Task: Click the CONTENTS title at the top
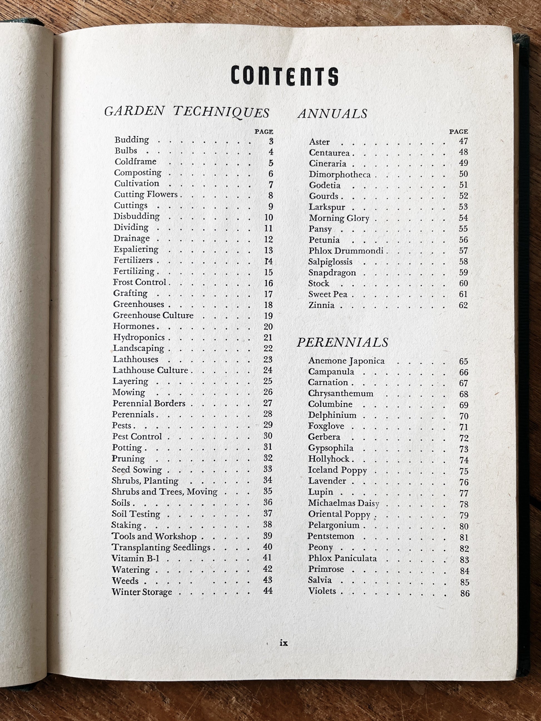tap(284, 76)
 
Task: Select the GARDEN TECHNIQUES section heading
tap(187, 111)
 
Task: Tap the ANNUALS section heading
tap(332, 113)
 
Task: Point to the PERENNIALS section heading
tap(343, 342)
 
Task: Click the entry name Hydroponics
tap(139, 337)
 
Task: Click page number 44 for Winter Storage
tap(268, 591)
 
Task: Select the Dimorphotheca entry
tap(339, 175)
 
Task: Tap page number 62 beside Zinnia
tap(463, 305)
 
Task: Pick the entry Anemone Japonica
tap(346, 361)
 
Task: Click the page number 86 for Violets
tap(465, 593)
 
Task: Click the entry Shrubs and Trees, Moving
tap(164, 492)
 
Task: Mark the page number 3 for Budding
tap(271, 141)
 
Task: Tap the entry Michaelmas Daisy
tap(343, 503)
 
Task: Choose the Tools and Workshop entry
tap(154, 536)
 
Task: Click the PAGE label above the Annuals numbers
tap(458, 132)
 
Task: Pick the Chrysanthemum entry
tap(341, 393)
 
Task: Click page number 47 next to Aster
tap(463, 141)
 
